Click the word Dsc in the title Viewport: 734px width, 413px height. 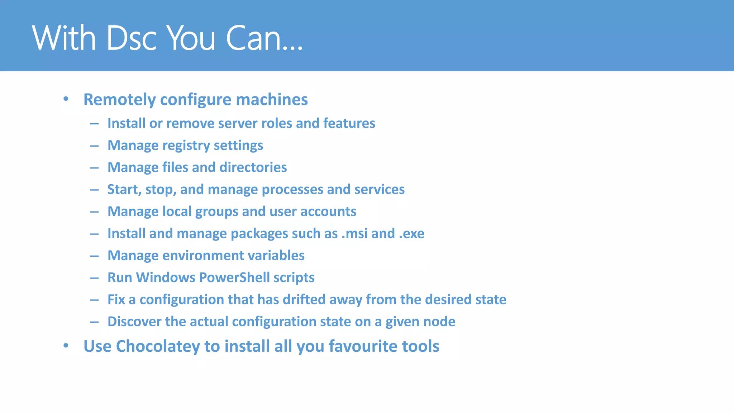pyautogui.click(x=131, y=38)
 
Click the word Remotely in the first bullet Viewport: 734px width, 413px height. pyautogui.click(x=119, y=100)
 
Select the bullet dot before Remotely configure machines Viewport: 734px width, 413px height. pyautogui.click(x=66, y=99)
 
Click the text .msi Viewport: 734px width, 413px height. pyautogui.click(x=354, y=233)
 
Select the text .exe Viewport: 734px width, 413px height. pyautogui.click(x=411, y=233)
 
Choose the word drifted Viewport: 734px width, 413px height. pyautogui.click(x=304, y=299)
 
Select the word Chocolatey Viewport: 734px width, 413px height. pyautogui.click(x=158, y=347)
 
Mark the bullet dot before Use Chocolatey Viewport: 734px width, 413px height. pyautogui.click(x=66, y=346)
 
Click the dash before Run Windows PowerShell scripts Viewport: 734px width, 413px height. pyautogui.click(x=94, y=278)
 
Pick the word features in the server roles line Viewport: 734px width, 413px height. pyautogui.click(x=349, y=123)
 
